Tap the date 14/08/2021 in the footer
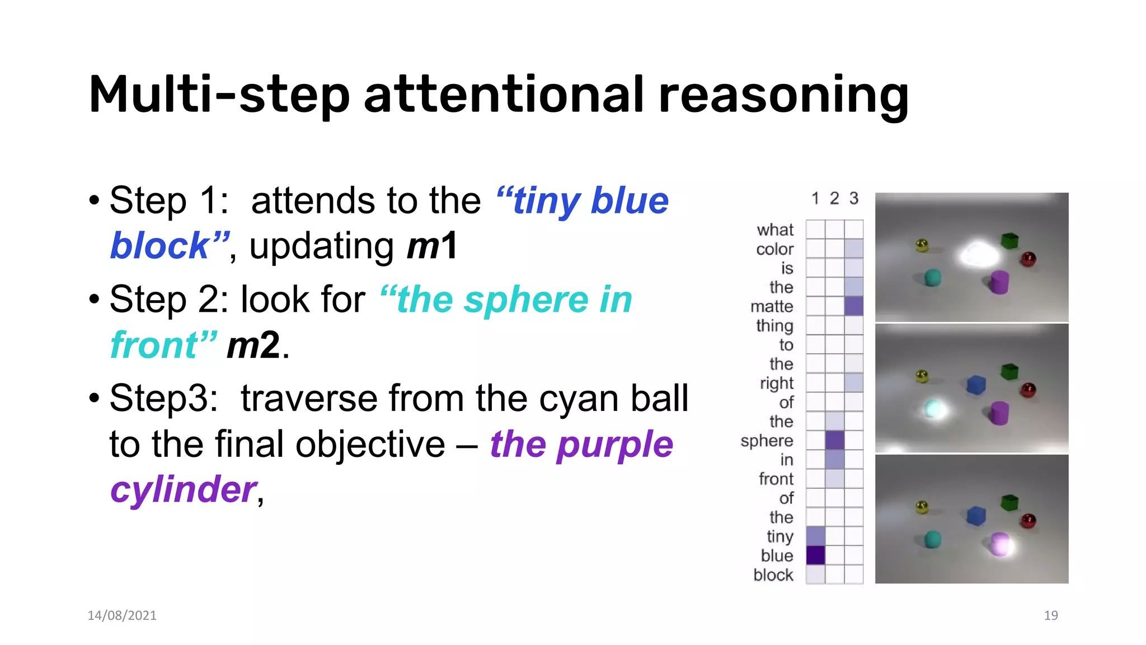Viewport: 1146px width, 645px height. [122, 615]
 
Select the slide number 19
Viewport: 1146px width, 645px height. [1050, 615]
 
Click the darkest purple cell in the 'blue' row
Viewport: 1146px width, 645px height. [815, 555]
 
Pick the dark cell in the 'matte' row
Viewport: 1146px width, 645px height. [853, 306]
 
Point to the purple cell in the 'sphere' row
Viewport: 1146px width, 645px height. [834, 440]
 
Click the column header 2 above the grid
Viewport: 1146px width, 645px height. [834, 198]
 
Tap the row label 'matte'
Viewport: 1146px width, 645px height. [772, 307]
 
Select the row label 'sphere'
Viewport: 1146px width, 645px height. [767, 441]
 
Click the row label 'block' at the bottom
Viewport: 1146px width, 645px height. [773, 575]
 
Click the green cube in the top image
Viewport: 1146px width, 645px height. [1009, 241]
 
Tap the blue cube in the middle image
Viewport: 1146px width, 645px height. [976, 385]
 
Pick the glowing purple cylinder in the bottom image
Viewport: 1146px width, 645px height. [999, 544]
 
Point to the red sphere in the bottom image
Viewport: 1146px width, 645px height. [1028, 521]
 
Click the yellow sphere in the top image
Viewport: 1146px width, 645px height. [922, 245]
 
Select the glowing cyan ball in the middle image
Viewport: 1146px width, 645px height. [933, 409]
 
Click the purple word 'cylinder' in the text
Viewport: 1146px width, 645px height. [184, 489]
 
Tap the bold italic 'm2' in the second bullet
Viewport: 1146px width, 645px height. [253, 345]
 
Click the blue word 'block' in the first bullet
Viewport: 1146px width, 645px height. [160, 246]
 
